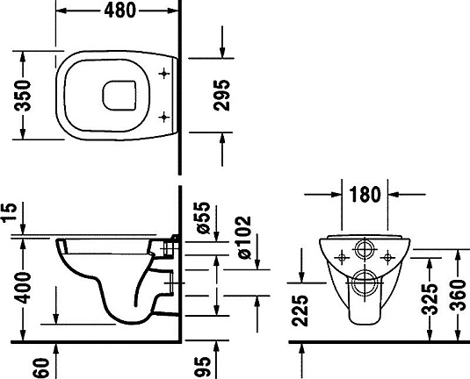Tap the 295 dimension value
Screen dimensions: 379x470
(223, 95)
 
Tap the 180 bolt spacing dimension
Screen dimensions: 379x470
(365, 195)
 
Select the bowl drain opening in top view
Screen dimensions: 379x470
(120, 95)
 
